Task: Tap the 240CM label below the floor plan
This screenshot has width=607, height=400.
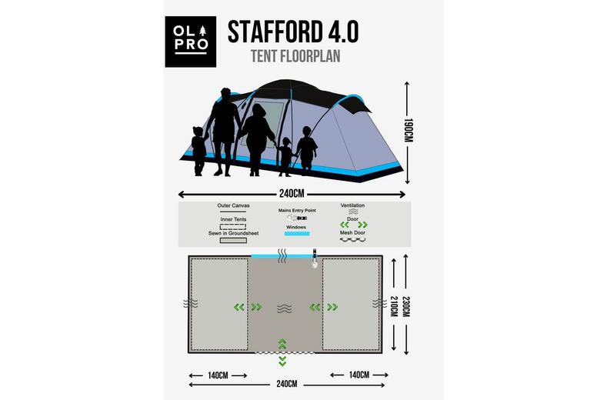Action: tap(287, 383)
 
